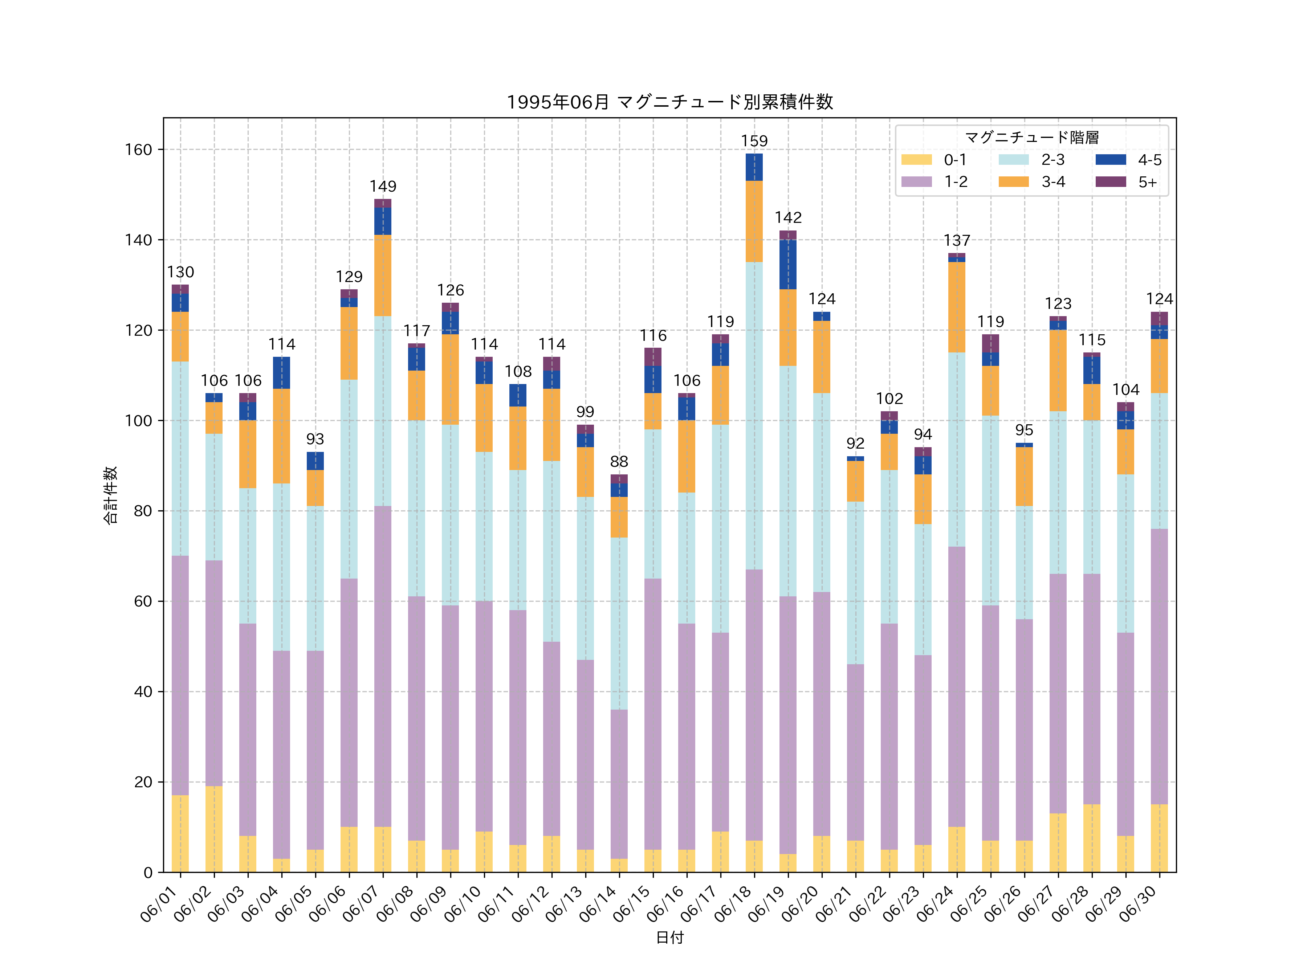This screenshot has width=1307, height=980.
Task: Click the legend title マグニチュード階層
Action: coord(1032,138)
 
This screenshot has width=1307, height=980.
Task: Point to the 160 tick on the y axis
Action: coord(138,150)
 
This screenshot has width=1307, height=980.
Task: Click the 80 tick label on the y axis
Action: coord(143,511)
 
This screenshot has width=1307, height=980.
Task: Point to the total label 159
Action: coord(754,141)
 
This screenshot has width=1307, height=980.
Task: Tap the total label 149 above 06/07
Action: coord(383,187)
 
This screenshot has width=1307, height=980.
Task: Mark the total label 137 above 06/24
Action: coord(957,240)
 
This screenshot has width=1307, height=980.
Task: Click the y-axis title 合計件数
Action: coord(110,495)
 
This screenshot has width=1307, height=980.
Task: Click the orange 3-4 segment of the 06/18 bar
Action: coord(754,221)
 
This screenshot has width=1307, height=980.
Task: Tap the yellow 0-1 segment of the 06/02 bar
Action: coord(214,829)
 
